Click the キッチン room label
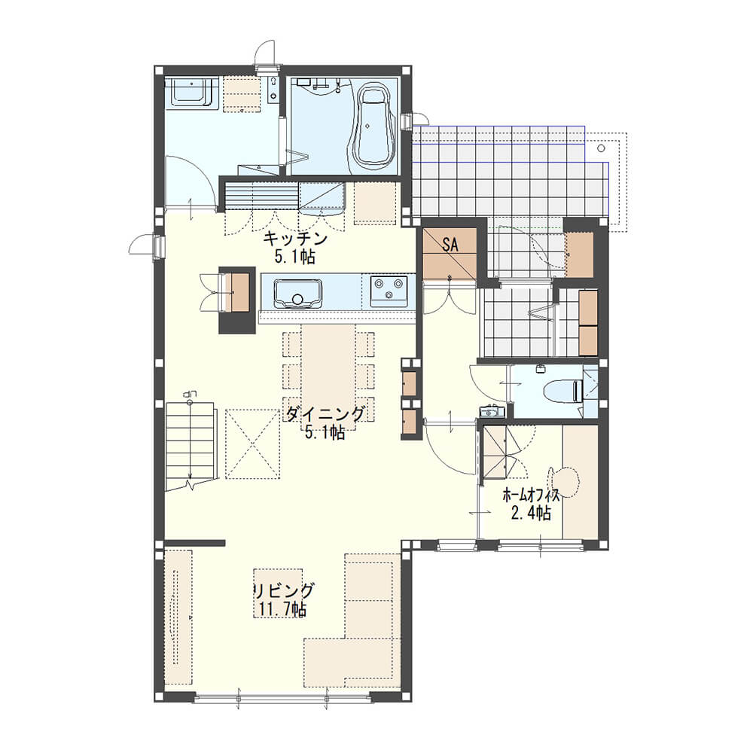pyautogui.click(x=295, y=238)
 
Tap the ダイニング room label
pyautogui.click(x=325, y=413)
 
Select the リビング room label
pyautogui.click(x=283, y=590)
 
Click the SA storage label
pyautogui.click(x=450, y=245)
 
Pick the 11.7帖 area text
pyautogui.click(x=282, y=609)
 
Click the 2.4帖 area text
pyautogui.click(x=531, y=514)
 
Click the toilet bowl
pyautogui.click(x=563, y=390)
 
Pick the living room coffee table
pyautogui.click(x=278, y=593)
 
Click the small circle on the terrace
pyautogui.click(x=601, y=148)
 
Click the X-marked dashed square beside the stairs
pyautogui.click(x=252, y=444)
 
